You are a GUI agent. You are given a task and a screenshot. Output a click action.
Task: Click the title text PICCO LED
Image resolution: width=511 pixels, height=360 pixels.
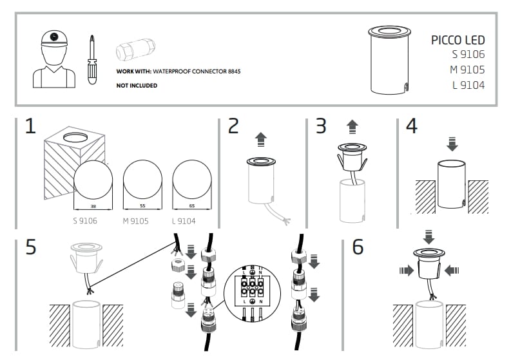[458, 40]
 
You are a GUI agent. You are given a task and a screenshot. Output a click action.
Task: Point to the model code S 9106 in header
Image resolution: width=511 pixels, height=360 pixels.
[468, 55]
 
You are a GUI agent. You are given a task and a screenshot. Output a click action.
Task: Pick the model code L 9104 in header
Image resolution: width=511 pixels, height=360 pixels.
[468, 85]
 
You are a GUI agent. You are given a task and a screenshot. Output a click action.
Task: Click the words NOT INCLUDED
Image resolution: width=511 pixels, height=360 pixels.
[137, 85]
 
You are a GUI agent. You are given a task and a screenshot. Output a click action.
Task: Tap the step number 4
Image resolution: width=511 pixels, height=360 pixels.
[411, 126]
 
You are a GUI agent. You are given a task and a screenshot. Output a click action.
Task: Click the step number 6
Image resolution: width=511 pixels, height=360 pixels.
[358, 247]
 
